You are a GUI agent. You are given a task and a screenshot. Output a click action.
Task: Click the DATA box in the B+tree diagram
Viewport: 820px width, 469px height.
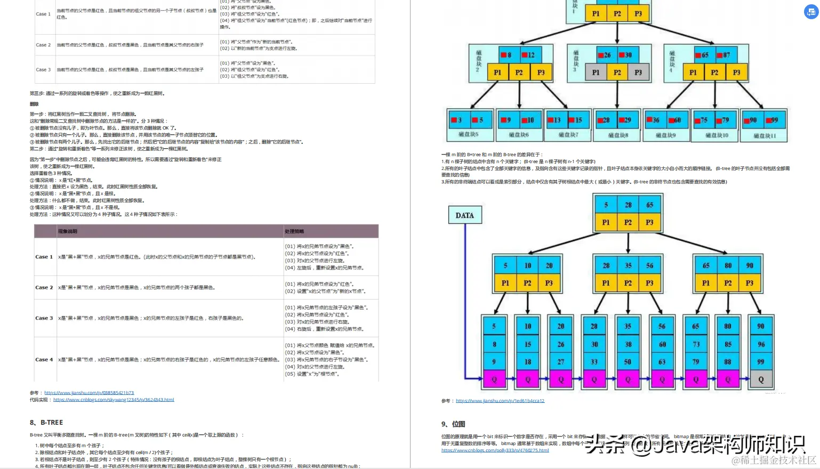click(x=464, y=215)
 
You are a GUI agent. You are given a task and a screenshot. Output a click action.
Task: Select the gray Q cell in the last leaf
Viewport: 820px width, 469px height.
click(x=761, y=379)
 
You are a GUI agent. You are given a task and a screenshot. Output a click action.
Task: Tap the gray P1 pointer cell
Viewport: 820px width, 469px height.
click(x=596, y=72)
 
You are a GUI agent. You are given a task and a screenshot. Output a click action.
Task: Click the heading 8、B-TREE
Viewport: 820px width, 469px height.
click(x=46, y=422)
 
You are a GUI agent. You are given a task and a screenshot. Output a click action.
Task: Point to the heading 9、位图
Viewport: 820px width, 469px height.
click(x=453, y=424)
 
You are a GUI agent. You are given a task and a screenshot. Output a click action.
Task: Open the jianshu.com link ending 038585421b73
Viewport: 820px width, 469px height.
click(x=89, y=393)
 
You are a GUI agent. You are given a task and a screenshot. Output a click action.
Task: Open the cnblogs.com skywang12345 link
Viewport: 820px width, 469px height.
click(x=114, y=400)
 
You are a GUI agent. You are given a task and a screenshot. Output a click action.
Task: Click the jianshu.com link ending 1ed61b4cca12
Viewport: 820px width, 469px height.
click(x=500, y=401)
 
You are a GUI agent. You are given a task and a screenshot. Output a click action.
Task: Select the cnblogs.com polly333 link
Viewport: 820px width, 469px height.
click(x=495, y=450)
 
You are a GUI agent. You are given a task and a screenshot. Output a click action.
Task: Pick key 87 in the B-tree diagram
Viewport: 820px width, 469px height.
click(x=726, y=55)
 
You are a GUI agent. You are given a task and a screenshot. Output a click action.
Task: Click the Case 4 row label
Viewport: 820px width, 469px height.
click(x=44, y=360)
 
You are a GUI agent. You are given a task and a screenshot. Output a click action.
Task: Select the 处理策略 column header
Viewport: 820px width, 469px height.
click(x=294, y=231)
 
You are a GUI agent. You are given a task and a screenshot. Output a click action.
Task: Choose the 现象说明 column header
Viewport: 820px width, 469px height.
click(x=68, y=231)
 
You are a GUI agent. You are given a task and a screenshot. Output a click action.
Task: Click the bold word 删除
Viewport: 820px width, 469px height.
click(x=34, y=104)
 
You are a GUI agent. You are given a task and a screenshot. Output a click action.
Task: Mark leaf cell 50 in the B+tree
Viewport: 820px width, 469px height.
click(x=628, y=362)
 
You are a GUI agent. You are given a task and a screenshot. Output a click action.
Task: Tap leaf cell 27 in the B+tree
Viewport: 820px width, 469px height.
click(x=561, y=362)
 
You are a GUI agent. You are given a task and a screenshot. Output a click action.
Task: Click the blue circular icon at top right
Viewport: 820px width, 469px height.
click(x=811, y=12)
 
